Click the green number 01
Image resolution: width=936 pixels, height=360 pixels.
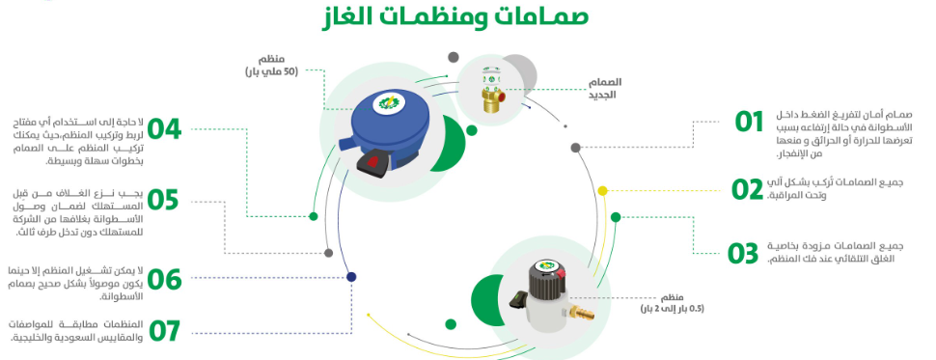[749, 122]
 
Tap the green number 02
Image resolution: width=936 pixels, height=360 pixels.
[748, 189]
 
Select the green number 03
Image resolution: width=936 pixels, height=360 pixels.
[743, 253]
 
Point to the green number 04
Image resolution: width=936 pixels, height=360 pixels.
[164, 129]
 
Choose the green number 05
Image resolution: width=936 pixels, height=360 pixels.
[163, 200]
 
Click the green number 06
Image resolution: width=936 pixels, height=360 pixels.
[164, 279]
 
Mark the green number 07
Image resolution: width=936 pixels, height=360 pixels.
[164, 331]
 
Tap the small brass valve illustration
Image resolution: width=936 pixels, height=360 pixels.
[492, 93]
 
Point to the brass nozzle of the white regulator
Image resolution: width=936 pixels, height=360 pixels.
[582, 312]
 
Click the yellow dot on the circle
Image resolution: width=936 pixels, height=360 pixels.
[603, 190]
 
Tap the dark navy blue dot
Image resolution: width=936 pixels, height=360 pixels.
[351, 276]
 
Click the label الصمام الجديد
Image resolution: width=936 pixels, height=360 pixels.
[604, 89]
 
